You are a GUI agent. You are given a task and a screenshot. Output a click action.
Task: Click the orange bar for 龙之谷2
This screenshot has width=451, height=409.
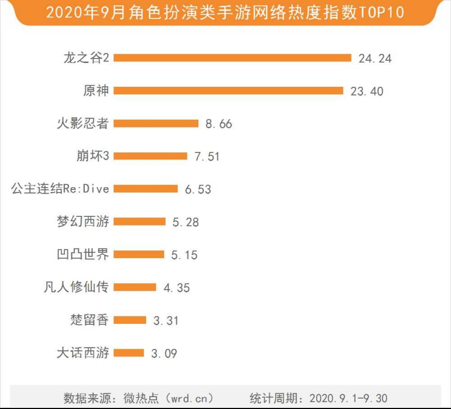coord(233,58)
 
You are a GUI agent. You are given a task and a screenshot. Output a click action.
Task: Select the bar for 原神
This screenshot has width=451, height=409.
coord(228,91)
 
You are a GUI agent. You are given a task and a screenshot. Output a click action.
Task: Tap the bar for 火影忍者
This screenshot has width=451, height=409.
coord(156,124)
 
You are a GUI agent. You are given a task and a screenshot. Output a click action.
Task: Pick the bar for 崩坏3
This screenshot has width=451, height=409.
coord(151,156)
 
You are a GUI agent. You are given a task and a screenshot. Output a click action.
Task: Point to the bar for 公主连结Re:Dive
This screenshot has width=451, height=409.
coord(146,189)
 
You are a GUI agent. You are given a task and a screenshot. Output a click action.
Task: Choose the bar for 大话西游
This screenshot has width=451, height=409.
coord(129,353)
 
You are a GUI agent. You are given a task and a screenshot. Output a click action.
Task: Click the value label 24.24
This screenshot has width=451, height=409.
coord(375,59)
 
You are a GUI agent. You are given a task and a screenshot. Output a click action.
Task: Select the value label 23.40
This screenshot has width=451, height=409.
coord(367,91)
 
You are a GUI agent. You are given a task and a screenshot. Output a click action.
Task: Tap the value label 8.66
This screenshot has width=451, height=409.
coord(218,124)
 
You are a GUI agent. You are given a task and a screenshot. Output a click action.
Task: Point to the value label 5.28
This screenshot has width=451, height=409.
coord(185,222)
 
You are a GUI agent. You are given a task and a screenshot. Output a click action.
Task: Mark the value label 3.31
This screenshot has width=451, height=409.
coord(166,321)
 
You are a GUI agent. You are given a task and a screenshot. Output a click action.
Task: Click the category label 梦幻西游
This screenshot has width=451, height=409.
coord(83,221)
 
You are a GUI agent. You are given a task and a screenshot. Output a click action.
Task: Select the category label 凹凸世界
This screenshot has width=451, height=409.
coord(83,254)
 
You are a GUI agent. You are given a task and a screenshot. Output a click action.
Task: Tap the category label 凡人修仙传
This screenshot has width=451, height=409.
coord(76,287)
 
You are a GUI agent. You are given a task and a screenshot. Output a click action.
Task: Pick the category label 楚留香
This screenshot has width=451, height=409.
coord(90,319)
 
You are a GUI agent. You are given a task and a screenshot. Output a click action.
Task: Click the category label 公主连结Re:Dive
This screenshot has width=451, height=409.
coord(60,189)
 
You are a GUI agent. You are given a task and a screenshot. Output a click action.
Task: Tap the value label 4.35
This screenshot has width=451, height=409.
coord(177,287)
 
